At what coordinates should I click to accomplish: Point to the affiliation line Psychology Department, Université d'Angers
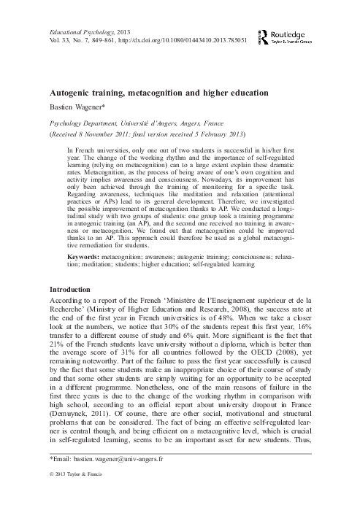click(131, 123)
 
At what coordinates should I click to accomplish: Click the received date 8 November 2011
click(103, 135)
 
